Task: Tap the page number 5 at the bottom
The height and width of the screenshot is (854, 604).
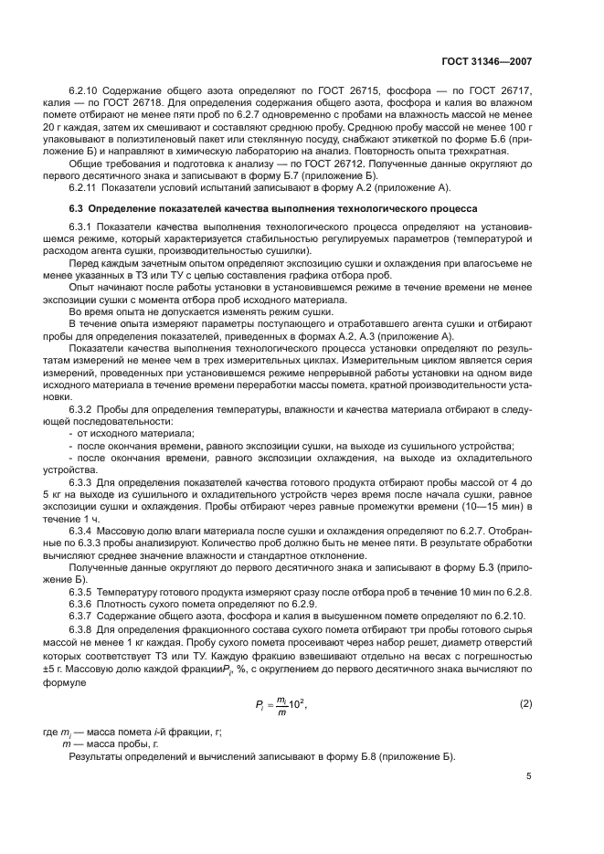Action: (528, 777)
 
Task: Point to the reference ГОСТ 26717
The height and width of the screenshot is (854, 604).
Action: (502, 92)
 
